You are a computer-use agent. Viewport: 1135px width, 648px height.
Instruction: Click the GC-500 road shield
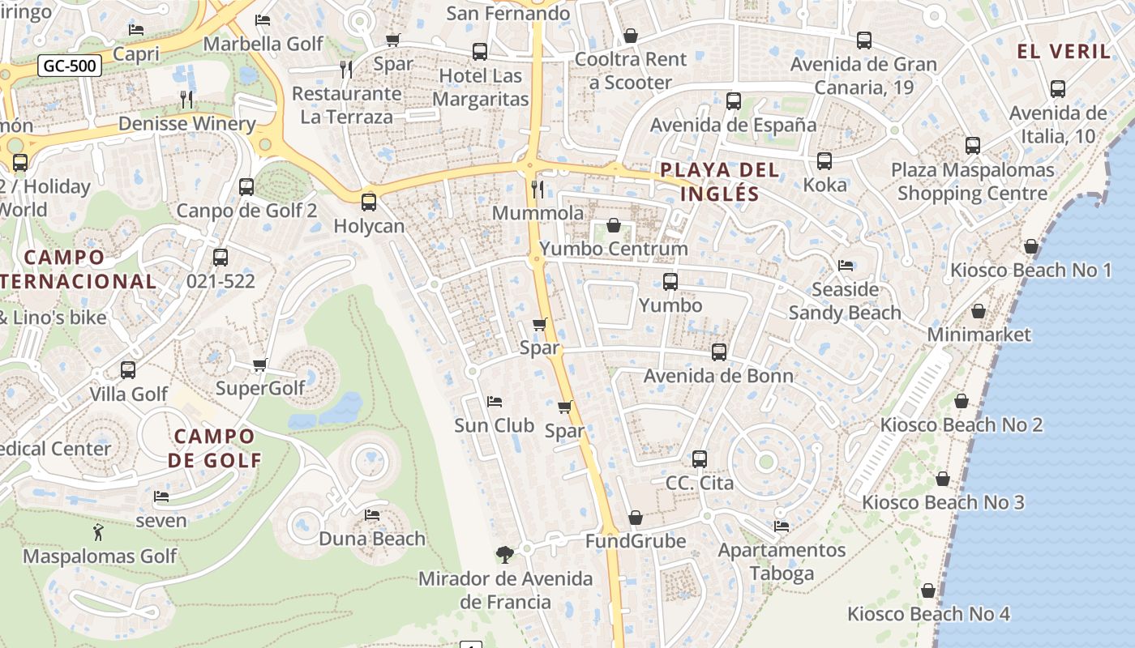tap(70, 66)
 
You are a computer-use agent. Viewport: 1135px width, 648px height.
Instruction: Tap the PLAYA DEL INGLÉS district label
tap(720, 181)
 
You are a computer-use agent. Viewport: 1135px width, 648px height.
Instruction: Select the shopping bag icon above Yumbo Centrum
tap(614, 225)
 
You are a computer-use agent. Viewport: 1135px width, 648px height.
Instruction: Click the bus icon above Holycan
tap(369, 202)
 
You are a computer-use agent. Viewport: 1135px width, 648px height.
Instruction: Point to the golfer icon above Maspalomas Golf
tap(99, 532)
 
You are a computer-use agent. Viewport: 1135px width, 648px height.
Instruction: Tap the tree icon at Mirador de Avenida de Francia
tap(505, 555)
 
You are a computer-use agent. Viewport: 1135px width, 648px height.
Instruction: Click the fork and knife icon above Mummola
tap(537, 190)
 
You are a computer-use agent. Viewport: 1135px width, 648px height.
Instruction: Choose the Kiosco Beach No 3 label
tap(943, 502)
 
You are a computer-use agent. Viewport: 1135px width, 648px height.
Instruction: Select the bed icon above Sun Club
tap(495, 402)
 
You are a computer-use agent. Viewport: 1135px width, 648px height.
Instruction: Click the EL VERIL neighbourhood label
tap(1064, 51)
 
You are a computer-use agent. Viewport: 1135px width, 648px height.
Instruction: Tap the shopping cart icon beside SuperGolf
tap(260, 364)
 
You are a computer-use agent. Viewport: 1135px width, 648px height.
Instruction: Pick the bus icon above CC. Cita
tap(700, 459)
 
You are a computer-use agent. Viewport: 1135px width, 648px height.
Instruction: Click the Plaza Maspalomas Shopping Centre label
tap(972, 181)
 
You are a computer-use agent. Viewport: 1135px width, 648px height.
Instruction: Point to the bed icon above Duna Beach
tap(372, 514)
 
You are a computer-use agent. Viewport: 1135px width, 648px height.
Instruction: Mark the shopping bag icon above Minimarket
tap(979, 311)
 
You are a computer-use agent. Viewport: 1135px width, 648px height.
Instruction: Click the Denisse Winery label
tap(186, 123)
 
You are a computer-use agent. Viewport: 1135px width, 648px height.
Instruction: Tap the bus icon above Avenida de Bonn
tap(719, 352)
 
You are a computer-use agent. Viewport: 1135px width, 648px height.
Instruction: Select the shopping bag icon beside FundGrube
tap(636, 518)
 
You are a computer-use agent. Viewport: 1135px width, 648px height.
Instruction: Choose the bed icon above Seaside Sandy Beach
tap(845, 266)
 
